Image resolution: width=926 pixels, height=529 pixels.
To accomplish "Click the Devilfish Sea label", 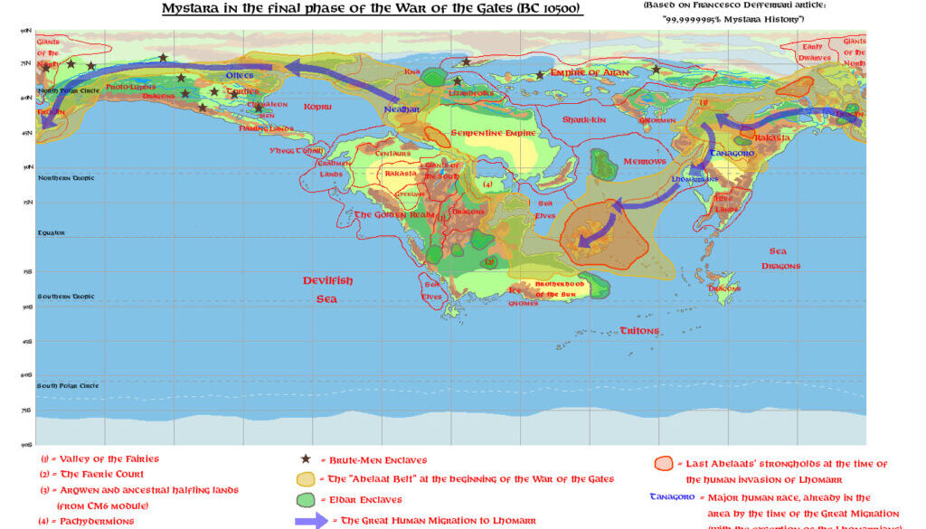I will point(327,289).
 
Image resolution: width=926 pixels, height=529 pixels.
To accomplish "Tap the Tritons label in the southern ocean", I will point(639,331).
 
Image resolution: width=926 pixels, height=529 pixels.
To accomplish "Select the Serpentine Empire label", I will point(494,133).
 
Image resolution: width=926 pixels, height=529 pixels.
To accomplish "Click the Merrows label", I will point(645,161).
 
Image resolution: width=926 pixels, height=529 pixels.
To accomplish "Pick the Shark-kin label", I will point(583,119).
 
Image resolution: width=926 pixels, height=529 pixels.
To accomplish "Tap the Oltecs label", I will point(240,75).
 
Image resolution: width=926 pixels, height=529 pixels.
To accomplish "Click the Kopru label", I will point(317,107).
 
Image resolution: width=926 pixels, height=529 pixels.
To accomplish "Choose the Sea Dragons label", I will point(780,259).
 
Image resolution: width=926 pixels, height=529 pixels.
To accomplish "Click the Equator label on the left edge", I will point(51,232).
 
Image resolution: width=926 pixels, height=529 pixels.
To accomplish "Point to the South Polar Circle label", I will point(68,386).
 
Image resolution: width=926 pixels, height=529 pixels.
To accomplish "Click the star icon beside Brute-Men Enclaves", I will point(306,460).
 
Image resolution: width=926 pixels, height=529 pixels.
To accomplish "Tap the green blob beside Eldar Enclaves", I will point(307,499).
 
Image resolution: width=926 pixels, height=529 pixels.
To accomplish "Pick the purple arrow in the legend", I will point(310,521).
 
